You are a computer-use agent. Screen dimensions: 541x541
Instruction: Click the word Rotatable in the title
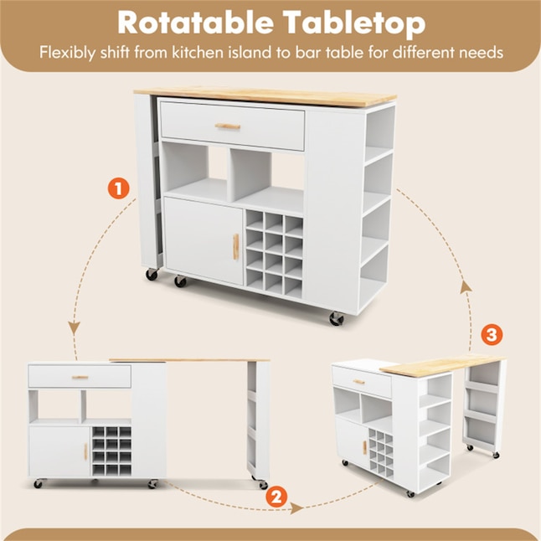click(x=195, y=22)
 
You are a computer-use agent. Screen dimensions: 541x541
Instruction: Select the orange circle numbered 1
click(x=118, y=188)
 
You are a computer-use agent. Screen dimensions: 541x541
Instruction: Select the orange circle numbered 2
click(x=276, y=497)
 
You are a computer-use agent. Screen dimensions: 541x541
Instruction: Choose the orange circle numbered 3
click(x=492, y=334)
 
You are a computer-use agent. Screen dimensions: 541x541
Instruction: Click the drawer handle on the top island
click(x=228, y=126)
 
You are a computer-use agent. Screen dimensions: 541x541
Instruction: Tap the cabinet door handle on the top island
click(x=235, y=246)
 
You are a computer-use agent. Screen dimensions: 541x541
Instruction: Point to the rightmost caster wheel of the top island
click(x=337, y=319)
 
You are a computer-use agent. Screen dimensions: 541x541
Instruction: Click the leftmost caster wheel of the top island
click(x=152, y=274)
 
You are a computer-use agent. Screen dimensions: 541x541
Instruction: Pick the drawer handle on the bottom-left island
click(x=80, y=378)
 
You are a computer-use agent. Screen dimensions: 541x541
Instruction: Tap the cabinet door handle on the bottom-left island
click(x=85, y=451)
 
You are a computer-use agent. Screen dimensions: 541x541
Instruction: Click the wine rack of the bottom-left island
click(x=111, y=451)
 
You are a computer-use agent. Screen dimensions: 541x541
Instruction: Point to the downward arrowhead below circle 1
click(x=74, y=327)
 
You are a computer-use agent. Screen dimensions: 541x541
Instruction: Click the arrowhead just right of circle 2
click(x=296, y=508)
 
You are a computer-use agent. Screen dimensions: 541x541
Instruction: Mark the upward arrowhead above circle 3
click(x=466, y=287)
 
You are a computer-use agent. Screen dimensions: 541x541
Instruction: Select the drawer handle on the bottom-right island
click(x=359, y=382)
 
